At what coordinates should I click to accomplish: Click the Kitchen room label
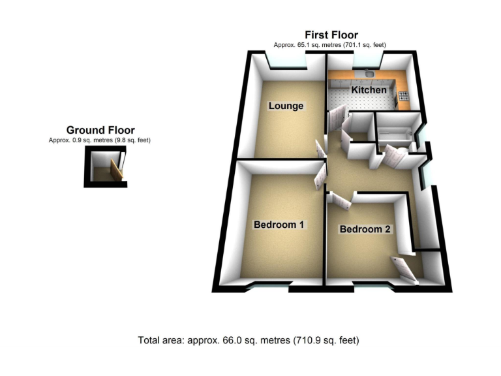click(369, 89)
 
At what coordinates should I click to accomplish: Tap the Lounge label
click(286, 106)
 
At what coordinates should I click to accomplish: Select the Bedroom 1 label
click(279, 225)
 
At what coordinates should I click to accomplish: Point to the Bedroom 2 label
click(365, 229)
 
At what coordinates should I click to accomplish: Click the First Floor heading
click(331, 35)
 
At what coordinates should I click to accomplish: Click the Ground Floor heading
click(100, 131)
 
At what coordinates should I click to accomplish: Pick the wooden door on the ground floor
click(117, 170)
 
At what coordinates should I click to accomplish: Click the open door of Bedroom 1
click(320, 176)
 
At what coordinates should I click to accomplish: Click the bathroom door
click(394, 157)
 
